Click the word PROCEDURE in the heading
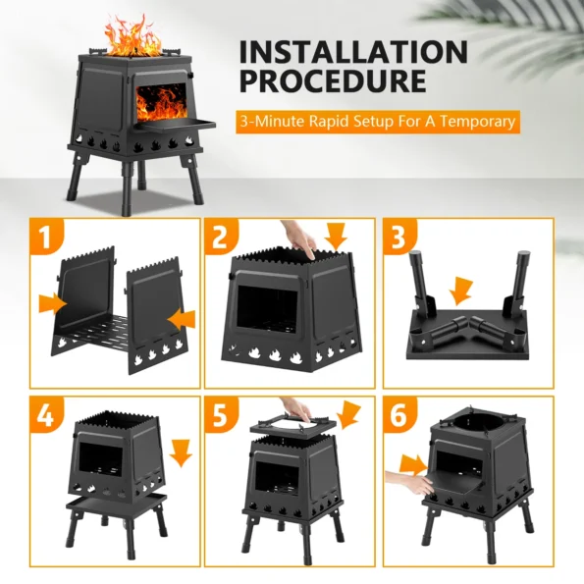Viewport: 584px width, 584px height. click(x=333, y=80)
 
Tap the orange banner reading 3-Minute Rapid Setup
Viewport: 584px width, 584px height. click(x=378, y=122)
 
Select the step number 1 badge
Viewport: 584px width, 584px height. click(x=45, y=237)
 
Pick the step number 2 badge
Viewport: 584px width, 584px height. click(x=220, y=237)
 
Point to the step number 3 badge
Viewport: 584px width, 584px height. click(x=398, y=237)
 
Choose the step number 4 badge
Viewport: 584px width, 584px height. click(x=45, y=415)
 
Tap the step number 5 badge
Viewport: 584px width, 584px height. click(x=220, y=415)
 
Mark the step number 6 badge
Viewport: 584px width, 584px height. click(x=398, y=415)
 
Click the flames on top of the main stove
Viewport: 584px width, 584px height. click(x=133, y=37)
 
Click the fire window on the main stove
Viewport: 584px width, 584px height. click(x=161, y=101)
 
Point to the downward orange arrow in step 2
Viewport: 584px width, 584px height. click(x=336, y=237)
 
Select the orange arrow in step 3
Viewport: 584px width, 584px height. click(x=460, y=291)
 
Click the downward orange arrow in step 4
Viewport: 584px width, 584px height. click(x=181, y=452)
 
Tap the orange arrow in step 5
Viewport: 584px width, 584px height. click(x=347, y=414)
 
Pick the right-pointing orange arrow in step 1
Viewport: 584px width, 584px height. click(x=53, y=303)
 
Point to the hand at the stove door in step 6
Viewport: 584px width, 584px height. click(x=409, y=482)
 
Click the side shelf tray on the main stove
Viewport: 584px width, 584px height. click(x=176, y=125)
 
